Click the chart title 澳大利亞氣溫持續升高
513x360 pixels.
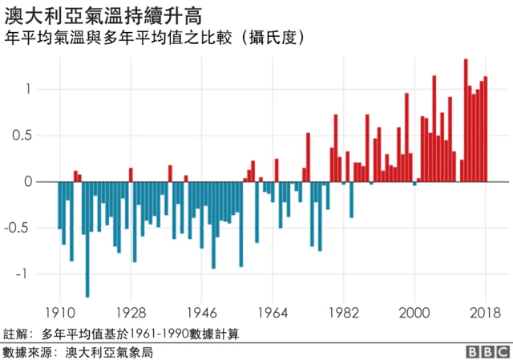point(103,14)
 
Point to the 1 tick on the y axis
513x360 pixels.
point(30,89)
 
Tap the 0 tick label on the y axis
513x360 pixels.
point(30,182)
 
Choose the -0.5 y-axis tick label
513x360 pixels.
point(22,228)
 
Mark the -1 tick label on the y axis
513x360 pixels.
point(26,274)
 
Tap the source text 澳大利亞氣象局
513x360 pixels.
point(108,351)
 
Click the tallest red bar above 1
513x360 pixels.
point(466,120)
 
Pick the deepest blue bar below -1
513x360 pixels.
point(87,240)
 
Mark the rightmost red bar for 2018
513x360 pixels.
point(486,129)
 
